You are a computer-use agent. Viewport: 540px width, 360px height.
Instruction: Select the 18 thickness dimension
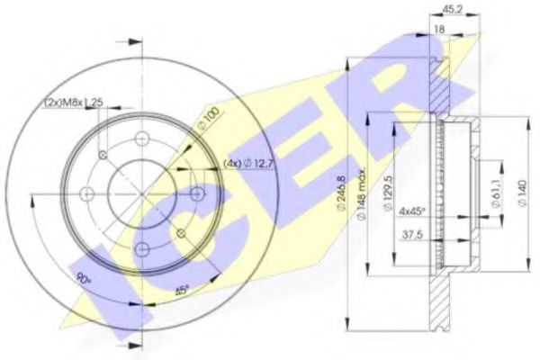coord(439,30)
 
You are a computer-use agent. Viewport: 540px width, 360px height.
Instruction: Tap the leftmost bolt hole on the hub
coord(86,193)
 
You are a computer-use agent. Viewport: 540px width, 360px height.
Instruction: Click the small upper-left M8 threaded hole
coord(103,156)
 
